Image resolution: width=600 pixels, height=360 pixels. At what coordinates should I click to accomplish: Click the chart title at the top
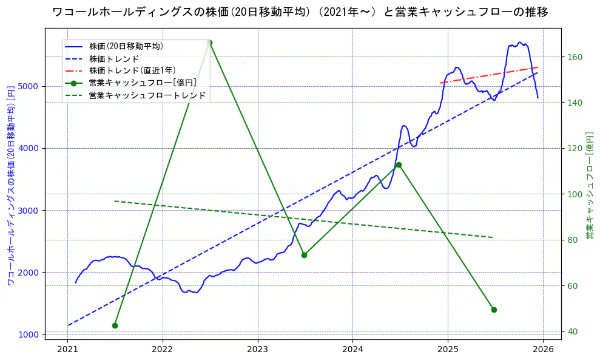(x=300, y=12)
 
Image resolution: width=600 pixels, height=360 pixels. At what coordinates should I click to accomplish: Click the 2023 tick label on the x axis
(x=257, y=350)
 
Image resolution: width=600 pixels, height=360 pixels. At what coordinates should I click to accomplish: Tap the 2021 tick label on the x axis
(x=67, y=350)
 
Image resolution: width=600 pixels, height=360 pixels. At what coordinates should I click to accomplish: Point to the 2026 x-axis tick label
(x=542, y=350)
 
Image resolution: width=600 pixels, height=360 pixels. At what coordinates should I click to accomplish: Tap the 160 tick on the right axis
(x=575, y=57)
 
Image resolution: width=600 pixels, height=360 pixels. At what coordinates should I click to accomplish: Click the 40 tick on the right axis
(x=572, y=331)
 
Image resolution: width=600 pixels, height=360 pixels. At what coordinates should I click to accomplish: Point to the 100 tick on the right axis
(x=575, y=194)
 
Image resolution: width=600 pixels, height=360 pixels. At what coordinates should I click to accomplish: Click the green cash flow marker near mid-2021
(x=115, y=325)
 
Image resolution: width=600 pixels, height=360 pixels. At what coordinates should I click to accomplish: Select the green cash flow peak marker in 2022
(x=209, y=42)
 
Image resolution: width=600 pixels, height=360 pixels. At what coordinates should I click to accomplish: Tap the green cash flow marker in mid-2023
(x=304, y=255)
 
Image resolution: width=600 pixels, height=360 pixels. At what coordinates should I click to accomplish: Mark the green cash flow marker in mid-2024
(x=399, y=165)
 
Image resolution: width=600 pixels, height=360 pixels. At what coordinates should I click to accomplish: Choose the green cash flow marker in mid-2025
(x=494, y=310)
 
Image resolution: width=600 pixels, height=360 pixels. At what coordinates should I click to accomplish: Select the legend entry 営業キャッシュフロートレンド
(x=147, y=95)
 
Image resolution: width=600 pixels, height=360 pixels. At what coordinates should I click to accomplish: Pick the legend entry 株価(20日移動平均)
(x=126, y=46)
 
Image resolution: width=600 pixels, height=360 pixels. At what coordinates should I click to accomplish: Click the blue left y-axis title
(x=10, y=185)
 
